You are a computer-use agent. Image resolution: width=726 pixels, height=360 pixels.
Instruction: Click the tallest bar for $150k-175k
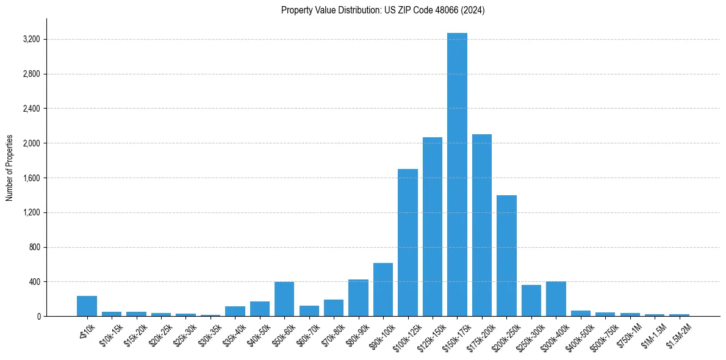[457, 175]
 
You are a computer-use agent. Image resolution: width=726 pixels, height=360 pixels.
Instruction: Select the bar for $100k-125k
[408, 243]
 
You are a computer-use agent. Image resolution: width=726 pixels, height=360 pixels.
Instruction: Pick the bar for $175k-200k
[482, 225]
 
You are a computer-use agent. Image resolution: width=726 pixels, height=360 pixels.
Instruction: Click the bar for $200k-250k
[506, 256]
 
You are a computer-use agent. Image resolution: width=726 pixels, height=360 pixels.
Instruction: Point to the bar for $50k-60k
[284, 299]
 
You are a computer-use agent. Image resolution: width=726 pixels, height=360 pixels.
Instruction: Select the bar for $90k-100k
[383, 290]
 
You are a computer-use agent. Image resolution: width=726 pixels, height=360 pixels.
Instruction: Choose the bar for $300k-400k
[556, 299]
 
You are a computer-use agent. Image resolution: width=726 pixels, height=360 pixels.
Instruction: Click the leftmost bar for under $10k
[87, 306]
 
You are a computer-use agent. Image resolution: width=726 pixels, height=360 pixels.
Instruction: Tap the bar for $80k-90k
[358, 298]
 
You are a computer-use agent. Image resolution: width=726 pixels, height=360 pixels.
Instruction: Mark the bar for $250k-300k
[531, 301]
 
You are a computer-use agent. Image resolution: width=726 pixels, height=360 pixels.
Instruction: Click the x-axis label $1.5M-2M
[677, 336]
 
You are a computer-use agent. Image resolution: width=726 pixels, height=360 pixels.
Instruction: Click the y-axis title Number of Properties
[10, 168]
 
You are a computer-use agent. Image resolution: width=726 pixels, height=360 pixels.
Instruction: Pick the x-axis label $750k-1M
[629, 335]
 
